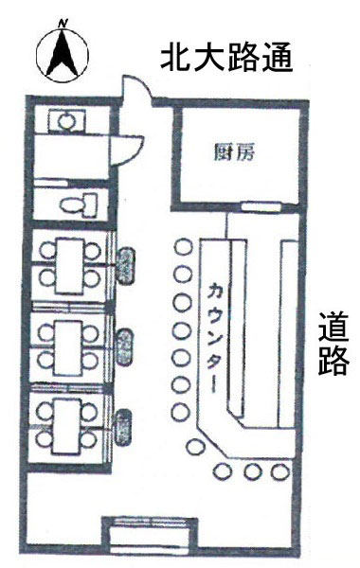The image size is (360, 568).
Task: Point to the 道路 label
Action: tap(333, 345)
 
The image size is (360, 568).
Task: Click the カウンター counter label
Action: tap(213, 336)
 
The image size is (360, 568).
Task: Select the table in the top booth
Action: tap(69, 265)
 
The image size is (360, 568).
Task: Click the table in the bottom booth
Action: tap(69, 422)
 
